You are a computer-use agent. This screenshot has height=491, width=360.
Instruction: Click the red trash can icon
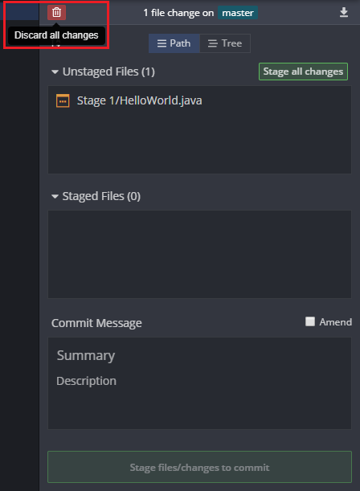pyautogui.click(x=57, y=13)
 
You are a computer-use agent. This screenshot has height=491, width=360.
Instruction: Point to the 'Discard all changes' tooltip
pyautogui.click(x=56, y=35)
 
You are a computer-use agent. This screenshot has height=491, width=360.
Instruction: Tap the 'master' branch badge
pyautogui.click(x=238, y=13)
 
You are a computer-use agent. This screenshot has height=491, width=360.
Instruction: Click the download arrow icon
pyautogui.click(x=344, y=12)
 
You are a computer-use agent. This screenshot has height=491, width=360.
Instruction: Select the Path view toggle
pyautogui.click(x=174, y=43)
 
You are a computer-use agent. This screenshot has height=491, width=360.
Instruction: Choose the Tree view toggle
pyautogui.click(x=225, y=43)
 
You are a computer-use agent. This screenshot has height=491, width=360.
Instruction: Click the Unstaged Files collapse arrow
pyautogui.click(x=55, y=72)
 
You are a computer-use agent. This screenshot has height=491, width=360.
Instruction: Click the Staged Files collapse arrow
pyautogui.click(x=55, y=197)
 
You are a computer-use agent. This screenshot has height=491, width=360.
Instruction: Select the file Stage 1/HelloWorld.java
pyautogui.click(x=139, y=100)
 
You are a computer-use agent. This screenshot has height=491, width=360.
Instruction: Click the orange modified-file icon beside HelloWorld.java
pyautogui.click(x=63, y=100)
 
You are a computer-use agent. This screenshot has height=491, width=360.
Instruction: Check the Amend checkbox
pyautogui.click(x=310, y=321)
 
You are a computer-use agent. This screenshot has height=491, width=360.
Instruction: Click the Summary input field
pyautogui.click(x=199, y=356)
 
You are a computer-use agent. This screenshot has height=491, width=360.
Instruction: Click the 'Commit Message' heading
pyautogui.click(x=96, y=323)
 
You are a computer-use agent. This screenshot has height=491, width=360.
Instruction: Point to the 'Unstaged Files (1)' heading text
pyautogui.click(x=108, y=72)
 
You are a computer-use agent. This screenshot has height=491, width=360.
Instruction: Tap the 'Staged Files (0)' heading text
pyautogui.click(x=101, y=196)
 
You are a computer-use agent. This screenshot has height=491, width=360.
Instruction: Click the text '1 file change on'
pyautogui.click(x=178, y=13)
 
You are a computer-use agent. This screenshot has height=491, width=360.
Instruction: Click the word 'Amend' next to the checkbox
pyautogui.click(x=336, y=322)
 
